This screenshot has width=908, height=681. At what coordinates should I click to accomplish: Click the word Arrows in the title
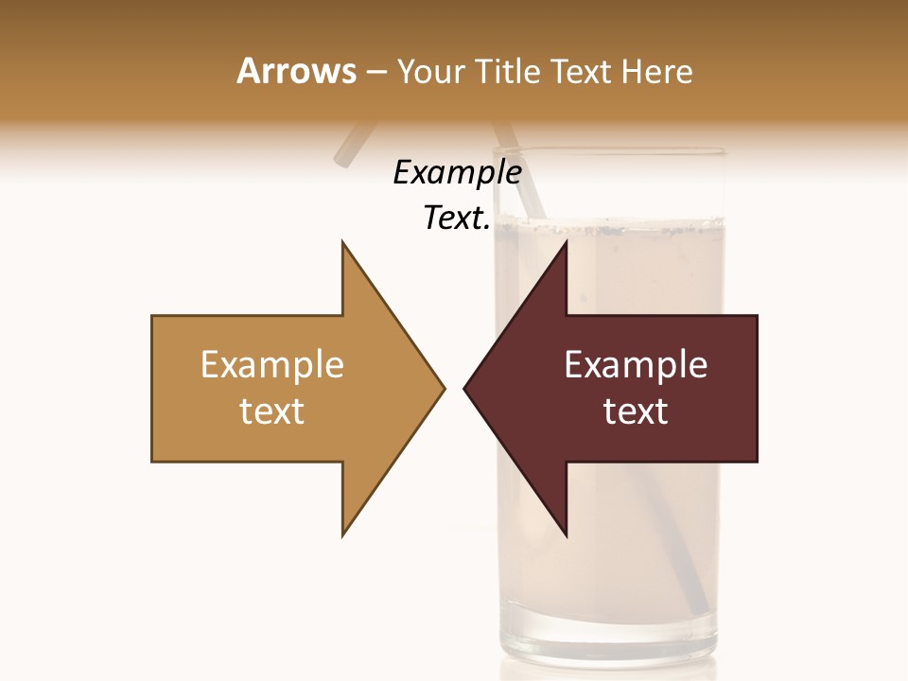click(x=296, y=71)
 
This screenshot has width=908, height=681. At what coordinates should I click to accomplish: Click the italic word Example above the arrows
click(x=457, y=173)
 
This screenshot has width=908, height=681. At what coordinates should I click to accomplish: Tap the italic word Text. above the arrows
click(x=457, y=218)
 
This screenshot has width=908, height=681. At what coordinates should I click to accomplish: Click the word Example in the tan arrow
click(x=271, y=365)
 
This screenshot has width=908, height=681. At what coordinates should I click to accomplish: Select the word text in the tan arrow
click(x=271, y=410)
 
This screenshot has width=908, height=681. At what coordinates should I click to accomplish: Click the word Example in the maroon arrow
click(x=636, y=365)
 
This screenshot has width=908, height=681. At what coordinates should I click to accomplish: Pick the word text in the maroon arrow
click(x=636, y=410)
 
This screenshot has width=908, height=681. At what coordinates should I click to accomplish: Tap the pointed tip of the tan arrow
click(x=444, y=388)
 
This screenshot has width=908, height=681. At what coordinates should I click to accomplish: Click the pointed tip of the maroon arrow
click(x=464, y=388)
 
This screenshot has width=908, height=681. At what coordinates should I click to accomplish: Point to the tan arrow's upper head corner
click(x=342, y=243)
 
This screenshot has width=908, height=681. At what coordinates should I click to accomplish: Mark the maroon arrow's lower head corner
click(x=566, y=535)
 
